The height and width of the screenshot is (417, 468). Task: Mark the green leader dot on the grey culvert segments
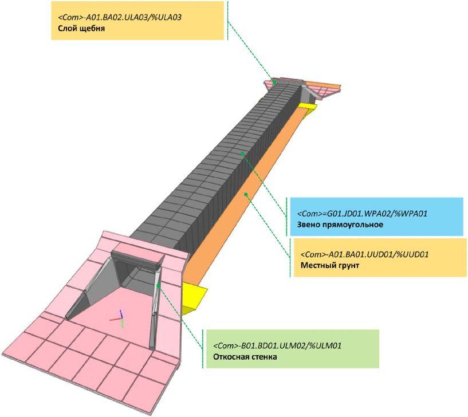tap(243, 153)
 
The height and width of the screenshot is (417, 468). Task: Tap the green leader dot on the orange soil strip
tap(246, 194)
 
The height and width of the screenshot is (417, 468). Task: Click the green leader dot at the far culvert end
tap(275, 82)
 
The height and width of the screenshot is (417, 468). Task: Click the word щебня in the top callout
tap(92, 28)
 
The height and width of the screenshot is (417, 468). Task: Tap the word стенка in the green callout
tap(263, 357)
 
